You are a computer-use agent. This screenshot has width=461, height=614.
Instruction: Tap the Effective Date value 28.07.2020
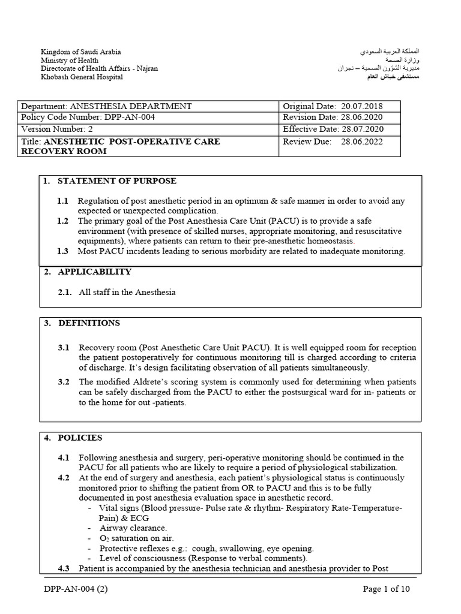coord(363,129)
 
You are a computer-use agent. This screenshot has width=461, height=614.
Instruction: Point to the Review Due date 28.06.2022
coord(361,142)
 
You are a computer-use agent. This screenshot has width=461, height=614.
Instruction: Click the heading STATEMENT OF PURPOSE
coord(117,181)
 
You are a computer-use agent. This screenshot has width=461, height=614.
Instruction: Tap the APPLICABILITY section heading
coord(94,272)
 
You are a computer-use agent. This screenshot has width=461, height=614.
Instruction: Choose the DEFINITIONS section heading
coord(89,323)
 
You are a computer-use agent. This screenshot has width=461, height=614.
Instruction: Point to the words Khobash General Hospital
coord(82,77)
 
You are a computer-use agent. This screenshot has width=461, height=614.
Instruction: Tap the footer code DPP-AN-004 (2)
coord(76,589)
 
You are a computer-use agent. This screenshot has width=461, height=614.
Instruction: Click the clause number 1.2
coord(63,221)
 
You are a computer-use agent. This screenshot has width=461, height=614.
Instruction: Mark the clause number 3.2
coord(64,382)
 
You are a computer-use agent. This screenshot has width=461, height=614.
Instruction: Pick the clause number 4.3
coord(64,568)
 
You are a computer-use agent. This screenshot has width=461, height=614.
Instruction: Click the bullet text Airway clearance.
coord(133,528)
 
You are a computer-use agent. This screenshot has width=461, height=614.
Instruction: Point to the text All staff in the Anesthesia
coord(127,292)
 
